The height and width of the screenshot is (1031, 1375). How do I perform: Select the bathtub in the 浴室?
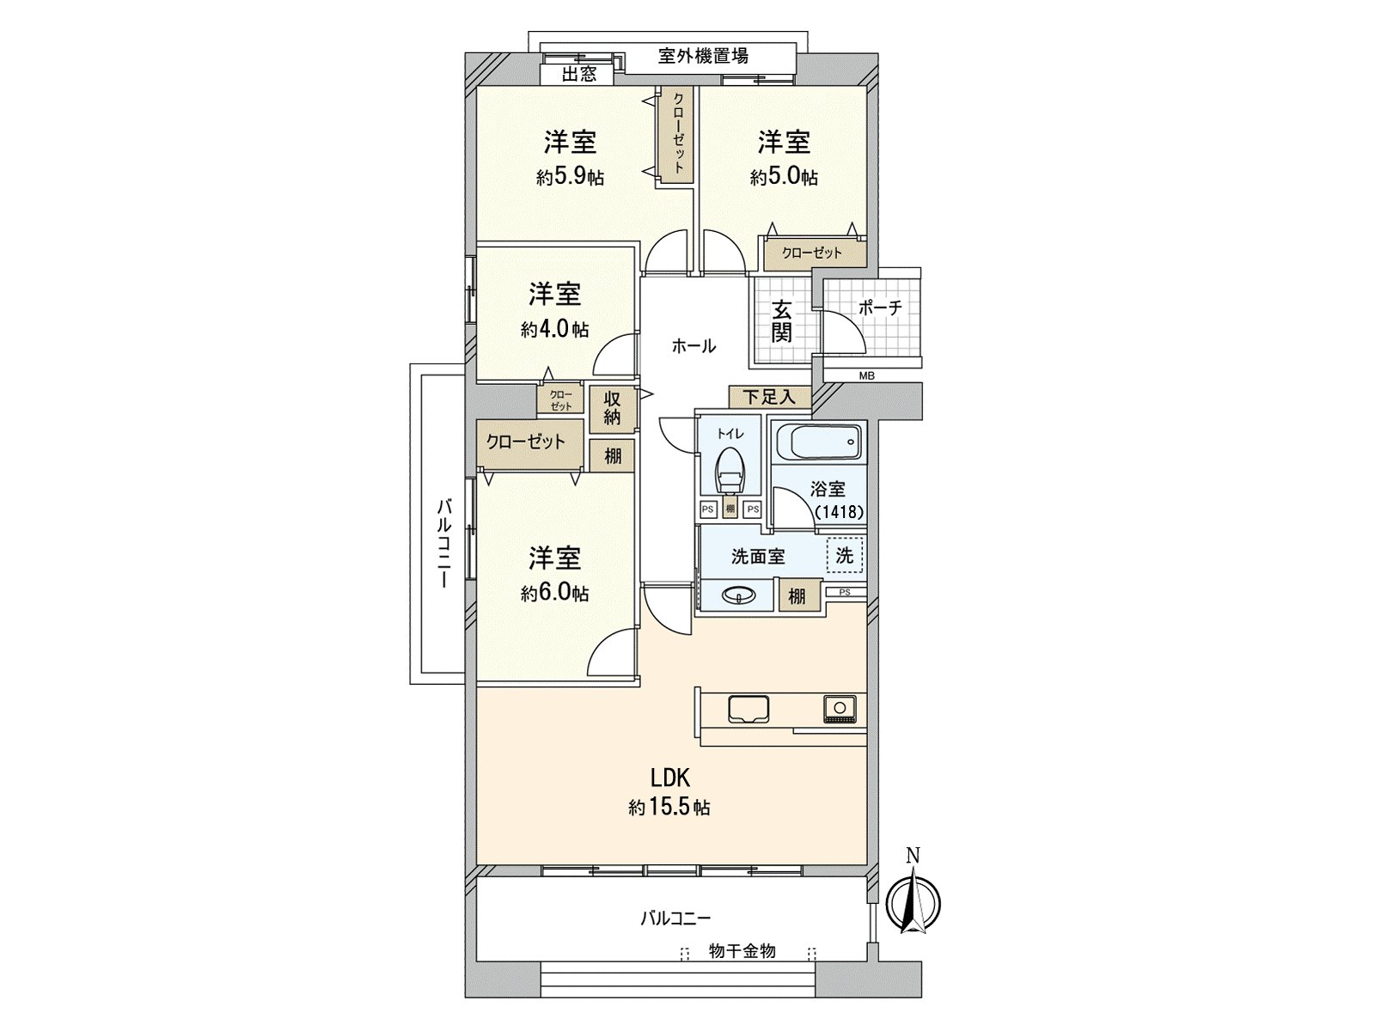(818, 443)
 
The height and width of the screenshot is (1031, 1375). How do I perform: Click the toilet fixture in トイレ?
(730, 469)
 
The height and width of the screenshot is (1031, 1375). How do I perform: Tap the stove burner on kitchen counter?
(837, 709)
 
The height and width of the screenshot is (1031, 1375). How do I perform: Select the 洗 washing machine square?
(845, 555)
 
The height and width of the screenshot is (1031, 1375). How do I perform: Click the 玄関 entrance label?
(780, 320)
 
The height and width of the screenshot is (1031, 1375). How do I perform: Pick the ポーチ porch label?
(880, 308)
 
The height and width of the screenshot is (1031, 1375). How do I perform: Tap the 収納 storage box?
(612, 408)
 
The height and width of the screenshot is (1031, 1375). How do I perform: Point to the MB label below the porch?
(867, 375)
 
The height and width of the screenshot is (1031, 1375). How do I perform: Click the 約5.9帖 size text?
(570, 178)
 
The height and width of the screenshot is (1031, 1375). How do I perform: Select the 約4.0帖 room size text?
(554, 329)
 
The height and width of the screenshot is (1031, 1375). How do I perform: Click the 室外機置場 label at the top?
(703, 56)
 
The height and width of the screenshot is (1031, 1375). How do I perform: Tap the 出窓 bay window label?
(578, 75)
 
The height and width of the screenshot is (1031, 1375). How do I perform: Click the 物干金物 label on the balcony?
(742, 951)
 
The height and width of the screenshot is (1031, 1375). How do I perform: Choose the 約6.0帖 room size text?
(554, 594)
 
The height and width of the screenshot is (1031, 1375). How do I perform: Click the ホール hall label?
(693, 346)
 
